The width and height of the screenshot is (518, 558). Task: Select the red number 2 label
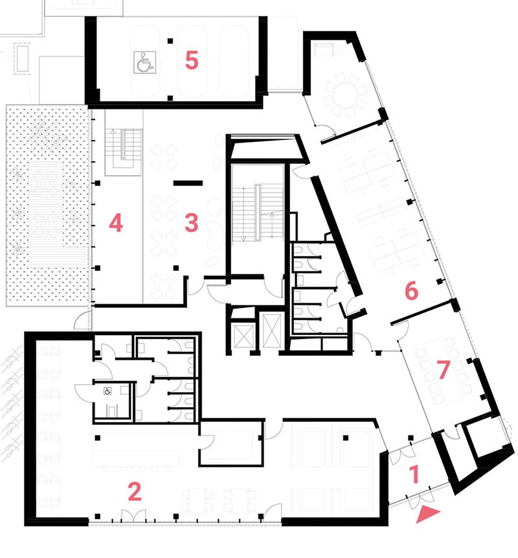pos(135,491)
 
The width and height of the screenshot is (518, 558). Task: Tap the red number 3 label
pos(191,223)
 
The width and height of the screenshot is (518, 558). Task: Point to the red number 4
pos(116,223)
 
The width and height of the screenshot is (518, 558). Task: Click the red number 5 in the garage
pos(191,60)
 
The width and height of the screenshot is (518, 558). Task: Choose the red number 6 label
pos(411,290)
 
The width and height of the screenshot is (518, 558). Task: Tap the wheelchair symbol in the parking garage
pos(144,62)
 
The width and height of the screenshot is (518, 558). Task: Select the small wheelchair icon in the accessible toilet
pos(107,391)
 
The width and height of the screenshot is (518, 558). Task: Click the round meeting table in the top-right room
pos(344,95)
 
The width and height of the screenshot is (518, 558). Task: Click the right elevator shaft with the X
pos(271,330)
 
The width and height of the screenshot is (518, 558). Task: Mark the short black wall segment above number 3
pos(188,183)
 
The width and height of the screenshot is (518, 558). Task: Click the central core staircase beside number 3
pos(258,213)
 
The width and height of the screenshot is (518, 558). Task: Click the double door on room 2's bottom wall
pos(133,516)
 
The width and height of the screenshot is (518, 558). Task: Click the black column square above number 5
pos(171,41)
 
